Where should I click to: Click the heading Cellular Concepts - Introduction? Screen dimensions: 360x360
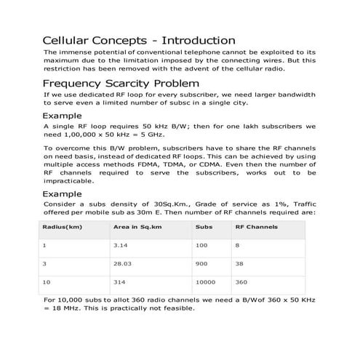coord(139,40)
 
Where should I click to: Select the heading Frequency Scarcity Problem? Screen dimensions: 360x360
coord(117,83)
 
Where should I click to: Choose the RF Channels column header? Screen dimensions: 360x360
coord(256,227)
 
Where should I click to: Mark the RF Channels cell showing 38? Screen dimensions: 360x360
coord(239,263)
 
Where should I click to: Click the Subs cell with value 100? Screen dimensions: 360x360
coord(201,245)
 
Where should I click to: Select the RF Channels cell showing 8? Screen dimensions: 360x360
coord(237,245)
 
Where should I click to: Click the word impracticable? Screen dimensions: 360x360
coord(68,181)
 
